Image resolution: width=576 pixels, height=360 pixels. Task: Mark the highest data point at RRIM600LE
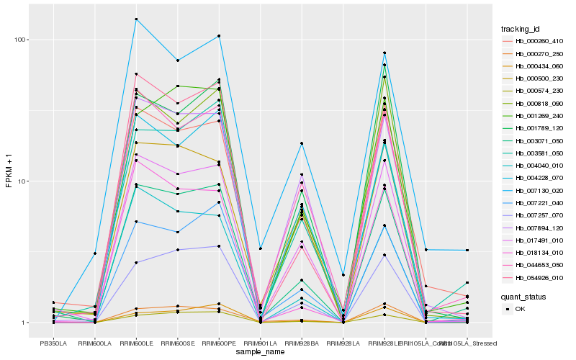136,19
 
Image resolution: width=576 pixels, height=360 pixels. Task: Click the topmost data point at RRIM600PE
219,36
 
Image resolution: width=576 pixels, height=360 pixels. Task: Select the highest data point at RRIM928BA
302,143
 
